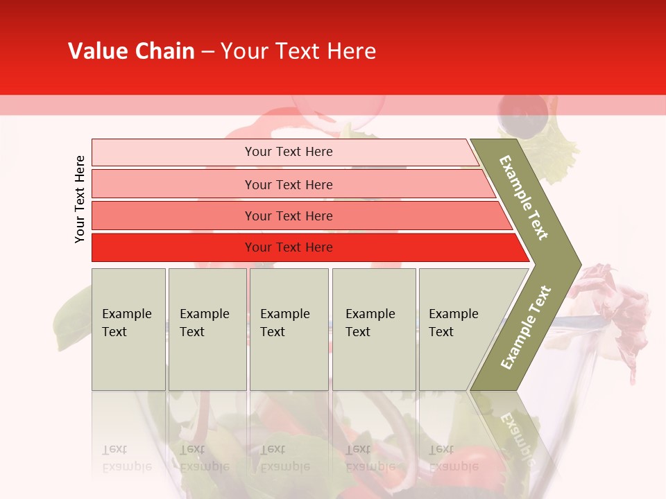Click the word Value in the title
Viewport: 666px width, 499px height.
pyautogui.click(x=96, y=51)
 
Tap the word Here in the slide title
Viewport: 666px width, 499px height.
pyautogui.click(x=351, y=51)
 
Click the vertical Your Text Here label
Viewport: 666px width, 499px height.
pyautogui.click(x=80, y=199)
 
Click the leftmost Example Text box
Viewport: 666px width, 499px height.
pyautogui.click(x=128, y=329)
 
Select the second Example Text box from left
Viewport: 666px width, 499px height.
pyautogui.click(x=207, y=329)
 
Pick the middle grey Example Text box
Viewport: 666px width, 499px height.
pyautogui.click(x=289, y=329)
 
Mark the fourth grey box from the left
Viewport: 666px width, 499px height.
pyautogui.click(x=373, y=329)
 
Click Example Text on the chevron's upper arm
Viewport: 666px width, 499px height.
pyautogui.click(x=524, y=198)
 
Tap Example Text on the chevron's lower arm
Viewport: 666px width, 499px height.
pyautogui.click(x=525, y=327)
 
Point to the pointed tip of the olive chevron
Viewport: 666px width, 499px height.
pyautogui.click(x=579, y=264)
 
